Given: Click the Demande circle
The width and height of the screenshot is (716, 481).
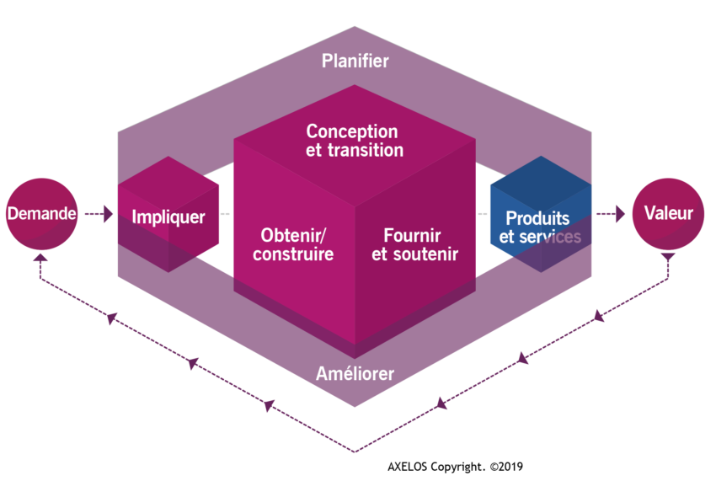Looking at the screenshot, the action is [x=41, y=214].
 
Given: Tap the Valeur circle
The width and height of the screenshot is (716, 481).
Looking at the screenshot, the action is [x=668, y=214].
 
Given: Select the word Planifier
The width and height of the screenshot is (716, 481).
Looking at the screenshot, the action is [x=355, y=61].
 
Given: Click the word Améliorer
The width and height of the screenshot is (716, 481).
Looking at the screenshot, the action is [x=355, y=373].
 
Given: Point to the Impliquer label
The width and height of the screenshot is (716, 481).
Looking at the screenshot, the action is [x=168, y=217].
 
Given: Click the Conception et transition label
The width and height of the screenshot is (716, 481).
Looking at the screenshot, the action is [x=355, y=141].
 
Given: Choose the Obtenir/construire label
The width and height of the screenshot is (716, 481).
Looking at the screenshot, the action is [x=293, y=244].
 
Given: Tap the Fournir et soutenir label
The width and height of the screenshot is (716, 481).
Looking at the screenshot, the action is [x=414, y=244].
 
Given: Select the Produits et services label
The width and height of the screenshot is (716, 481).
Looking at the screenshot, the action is [x=540, y=227].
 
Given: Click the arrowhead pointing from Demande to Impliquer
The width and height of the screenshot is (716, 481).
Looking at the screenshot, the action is [x=108, y=214].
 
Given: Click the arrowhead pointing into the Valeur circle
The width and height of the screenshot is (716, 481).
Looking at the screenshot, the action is [x=620, y=214].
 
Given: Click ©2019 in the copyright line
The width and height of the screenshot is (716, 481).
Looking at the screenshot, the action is [x=506, y=467].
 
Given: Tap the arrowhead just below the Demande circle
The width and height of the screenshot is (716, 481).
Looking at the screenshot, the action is [x=40, y=258].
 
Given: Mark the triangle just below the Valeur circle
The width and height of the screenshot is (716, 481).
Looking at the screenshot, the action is [x=668, y=257].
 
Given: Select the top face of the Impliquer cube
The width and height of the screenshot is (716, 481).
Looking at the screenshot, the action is [x=168, y=184].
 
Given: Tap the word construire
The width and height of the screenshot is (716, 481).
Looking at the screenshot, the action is [x=293, y=254].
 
